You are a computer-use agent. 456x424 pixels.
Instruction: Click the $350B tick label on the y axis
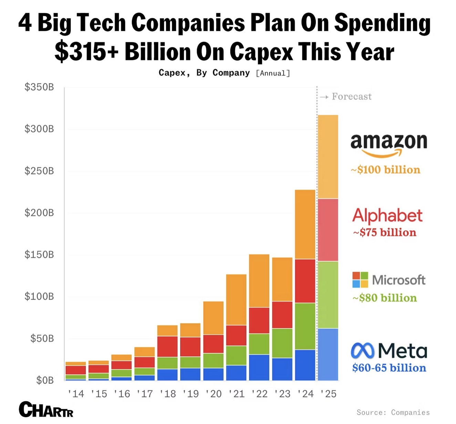coord(39,87)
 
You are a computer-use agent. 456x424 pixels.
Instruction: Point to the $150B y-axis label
coord(39,255)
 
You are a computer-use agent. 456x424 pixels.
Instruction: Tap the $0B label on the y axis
coord(45,380)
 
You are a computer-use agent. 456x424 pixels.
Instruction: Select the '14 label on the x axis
coord(76,394)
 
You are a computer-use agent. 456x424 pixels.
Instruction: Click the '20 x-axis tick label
coord(214,394)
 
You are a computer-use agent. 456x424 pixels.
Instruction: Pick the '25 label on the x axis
coord(328,394)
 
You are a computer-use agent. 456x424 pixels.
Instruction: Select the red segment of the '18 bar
coord(167,346)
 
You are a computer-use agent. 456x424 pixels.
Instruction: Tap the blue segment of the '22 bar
coord(259,367)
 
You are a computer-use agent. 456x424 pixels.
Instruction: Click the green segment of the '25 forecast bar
coord(328,295)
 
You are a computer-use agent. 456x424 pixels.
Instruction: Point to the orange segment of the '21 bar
coord(236,299)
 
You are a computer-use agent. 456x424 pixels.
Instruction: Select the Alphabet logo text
coord(387,216)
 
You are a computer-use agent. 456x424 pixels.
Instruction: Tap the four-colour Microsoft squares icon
coord(360,279)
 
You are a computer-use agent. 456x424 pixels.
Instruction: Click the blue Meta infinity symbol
coord(362,351)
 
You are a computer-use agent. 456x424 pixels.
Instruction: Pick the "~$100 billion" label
coord(386,170)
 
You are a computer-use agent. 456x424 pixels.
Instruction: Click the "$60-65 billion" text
coord(389,368)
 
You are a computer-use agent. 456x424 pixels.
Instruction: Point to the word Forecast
coord(352,97)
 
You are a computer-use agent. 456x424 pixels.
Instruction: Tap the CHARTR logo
coord(46,409)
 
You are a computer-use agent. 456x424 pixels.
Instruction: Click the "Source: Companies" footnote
coord(393,412)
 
